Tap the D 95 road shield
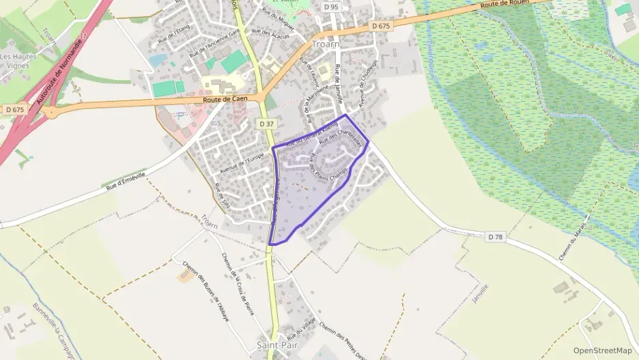332,7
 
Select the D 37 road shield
266,124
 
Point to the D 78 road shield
496,236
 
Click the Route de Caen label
225,100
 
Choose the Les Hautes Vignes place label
18,61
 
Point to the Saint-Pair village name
276,346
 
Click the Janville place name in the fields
480,293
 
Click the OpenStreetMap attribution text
603,350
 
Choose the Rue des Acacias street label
270,33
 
